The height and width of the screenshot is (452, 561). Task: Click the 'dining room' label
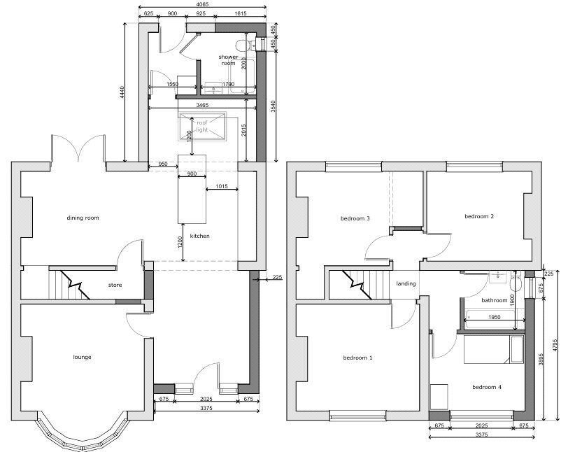(x=83, y=218)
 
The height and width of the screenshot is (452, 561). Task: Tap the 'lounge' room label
(x=82, y=357)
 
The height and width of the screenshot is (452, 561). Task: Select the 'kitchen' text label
(x=199, y=236)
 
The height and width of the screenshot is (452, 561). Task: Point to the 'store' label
(x=115, y=285)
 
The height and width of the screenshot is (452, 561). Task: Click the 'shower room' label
(x=228, y=59)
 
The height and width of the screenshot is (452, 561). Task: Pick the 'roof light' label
(x=202, y=126)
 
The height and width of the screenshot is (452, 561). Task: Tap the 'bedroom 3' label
(x=355, y=218)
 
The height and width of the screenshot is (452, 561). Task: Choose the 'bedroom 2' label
(x=479, y=216)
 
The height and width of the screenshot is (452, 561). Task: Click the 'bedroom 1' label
(x=357, y=358)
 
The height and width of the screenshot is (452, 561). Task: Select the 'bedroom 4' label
(x=487, y=387)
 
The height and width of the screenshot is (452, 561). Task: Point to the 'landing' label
(x=406, y=283)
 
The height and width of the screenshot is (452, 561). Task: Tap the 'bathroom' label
(x=494, y=300)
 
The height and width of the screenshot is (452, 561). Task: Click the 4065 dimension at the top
(x=202, y=4)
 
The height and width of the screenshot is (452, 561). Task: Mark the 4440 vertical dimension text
(x=122, y=92)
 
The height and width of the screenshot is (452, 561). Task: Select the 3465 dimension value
(x=202, y=105)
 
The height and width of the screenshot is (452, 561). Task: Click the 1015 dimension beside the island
(x=222, y=186)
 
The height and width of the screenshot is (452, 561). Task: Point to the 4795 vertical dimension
(x=555, y=345)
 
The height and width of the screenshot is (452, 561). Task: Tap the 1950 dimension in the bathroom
(x=494, y=317)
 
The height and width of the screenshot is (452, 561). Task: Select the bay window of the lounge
(x=83, y=431)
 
